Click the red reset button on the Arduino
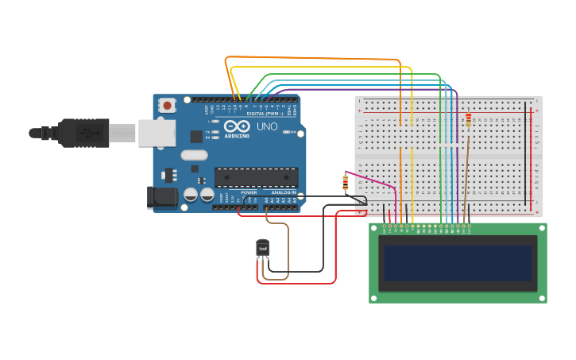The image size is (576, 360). click(x=167, y=105)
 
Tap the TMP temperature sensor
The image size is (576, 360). click(x=262, y=249)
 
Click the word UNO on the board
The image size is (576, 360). click(x=267, y=126)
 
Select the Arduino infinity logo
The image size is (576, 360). click(x=237, y=126)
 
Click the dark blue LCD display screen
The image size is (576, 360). click(x=458, y=262)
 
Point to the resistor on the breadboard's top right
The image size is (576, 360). click(x=468, y=120)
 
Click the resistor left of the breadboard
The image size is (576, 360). click(x=345, y=183)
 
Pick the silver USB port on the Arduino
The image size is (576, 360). click(x=157, y=133)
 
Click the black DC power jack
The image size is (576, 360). click(x=163, y=197)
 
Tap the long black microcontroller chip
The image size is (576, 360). click(x=256, y=177)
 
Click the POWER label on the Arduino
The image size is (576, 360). click(x=249, y=192)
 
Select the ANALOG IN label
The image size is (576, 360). click(x=284, y=192)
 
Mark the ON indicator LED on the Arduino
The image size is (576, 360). click(x=291, y=132)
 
